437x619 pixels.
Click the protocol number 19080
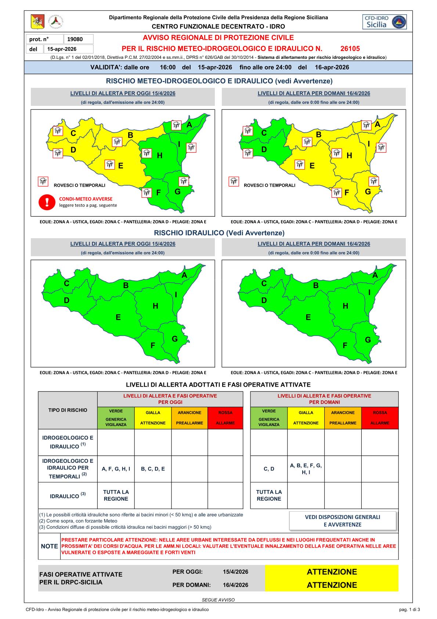click(x=79, y=39)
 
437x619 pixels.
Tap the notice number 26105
click(x=350, y=49)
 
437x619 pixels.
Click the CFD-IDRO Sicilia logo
click(x=384, y=22)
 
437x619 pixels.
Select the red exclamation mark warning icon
click(x=47, y=202)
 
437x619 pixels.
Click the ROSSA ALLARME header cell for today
click(x=225, y=418)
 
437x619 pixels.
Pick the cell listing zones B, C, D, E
click(x=153, y=469)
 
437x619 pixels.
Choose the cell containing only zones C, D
click(x=269, y=469)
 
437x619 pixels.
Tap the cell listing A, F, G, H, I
click(x=116, y=469)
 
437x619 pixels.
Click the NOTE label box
click(x=49, y=546)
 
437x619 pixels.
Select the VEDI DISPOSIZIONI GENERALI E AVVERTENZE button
click(x=343, y=520)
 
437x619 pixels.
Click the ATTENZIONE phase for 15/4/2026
click(x=332, y=572)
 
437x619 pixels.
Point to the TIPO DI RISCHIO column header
click(x=68, y=410)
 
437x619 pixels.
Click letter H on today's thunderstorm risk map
click(x=160, y=156)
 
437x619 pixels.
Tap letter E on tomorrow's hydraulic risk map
click(x=308, y=317)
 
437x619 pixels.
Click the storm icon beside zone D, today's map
click(x=58, y=153)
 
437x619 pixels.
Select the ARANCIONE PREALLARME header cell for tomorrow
click(x=343, y=418)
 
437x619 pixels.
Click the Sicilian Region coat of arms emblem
click(x=37, y=22)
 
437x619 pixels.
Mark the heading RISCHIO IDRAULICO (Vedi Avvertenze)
click(x=219, y=233)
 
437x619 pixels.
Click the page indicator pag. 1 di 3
click(x=409, y=609)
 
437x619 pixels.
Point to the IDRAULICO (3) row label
click(x=68, y=495)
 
